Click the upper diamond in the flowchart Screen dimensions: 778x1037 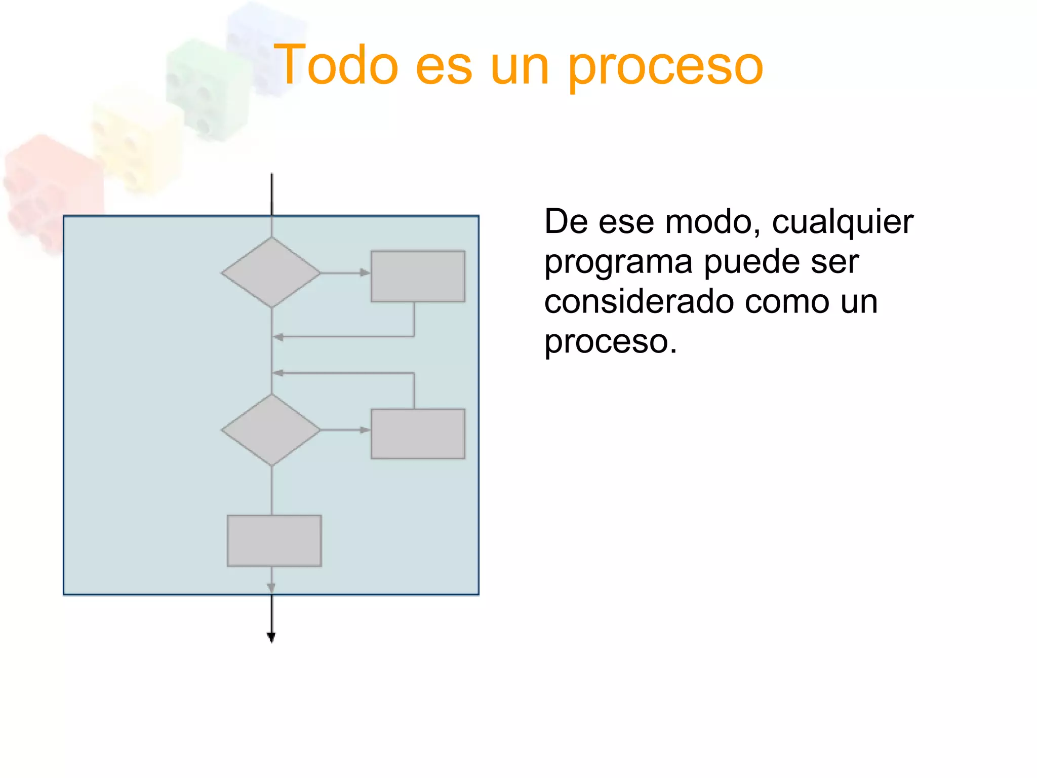click(x=271, y=273)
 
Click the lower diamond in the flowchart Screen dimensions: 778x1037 click(x=271, y=430)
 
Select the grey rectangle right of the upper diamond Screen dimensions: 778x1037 click(x=418, y=276)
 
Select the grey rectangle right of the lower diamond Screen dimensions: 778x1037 click(x=418, y=434)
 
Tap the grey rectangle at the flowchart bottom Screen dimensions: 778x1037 click(x=274, y=540)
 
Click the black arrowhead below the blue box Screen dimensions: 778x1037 click(x=271, y=638)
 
